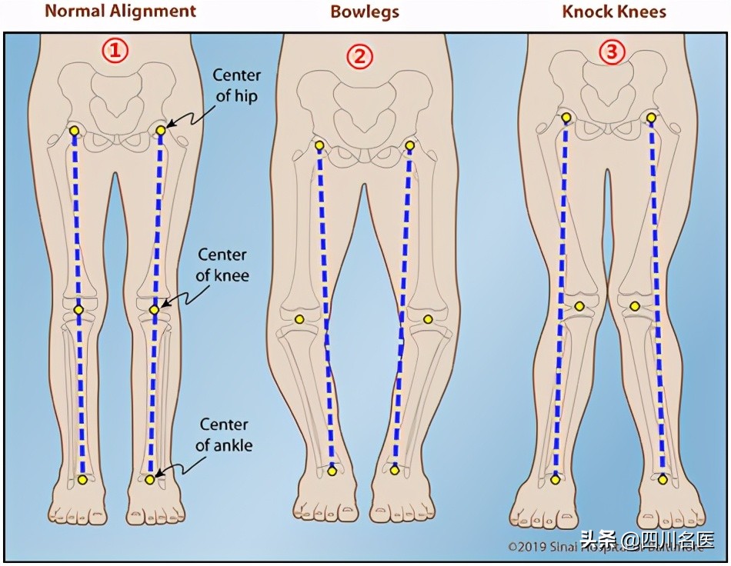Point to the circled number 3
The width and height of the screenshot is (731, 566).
[x=612, y=52]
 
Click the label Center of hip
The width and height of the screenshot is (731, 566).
[x=236, y=85]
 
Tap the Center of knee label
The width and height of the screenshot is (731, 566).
[x=224, y=264]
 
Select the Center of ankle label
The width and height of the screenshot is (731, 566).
[x=224, y=434]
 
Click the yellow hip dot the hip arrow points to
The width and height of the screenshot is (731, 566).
[x=161, y=131]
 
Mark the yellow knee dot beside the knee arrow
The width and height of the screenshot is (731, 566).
[x=154, y=309]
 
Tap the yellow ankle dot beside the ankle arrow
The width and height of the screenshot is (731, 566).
[x=149, y=479]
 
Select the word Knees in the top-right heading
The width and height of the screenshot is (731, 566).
[x=645, y=12]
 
